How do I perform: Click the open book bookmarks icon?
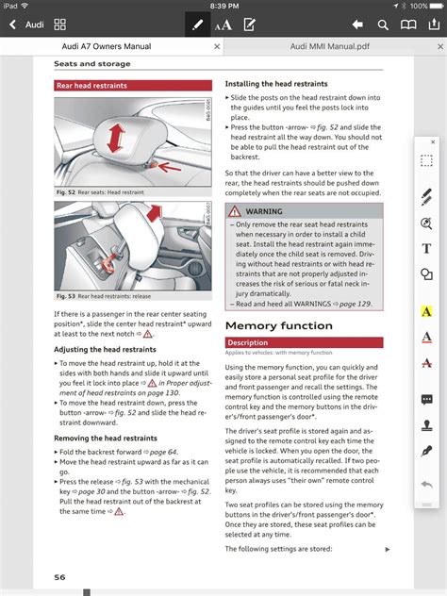point(407,24)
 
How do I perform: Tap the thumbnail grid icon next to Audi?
point(60,24)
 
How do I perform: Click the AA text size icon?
point(223,25)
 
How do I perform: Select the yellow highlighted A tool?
point(426,311)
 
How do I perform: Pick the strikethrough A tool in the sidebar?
point(426,363)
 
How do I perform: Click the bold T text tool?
point(426,249)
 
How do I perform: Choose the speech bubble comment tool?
point(426,400)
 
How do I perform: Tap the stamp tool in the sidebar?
point(426,425)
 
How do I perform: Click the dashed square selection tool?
point(426,161)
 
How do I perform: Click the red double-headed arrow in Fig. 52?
point(115,141)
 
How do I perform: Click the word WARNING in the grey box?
point(264,212)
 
